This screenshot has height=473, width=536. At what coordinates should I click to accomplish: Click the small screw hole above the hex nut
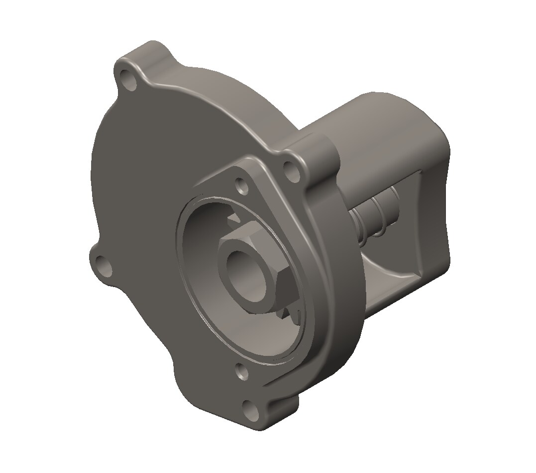tap(242, 186)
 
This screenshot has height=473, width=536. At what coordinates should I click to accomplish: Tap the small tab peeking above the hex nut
tap(232, 219)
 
